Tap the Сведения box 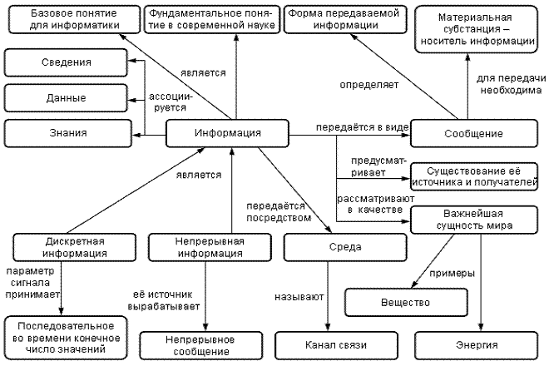(x=66, y=63)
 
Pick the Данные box (x=66, y=98)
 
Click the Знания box (x=66, y=133)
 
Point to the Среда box (x=322, y=248)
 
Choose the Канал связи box (x=332, y=344)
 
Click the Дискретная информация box (x=64, y=248)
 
